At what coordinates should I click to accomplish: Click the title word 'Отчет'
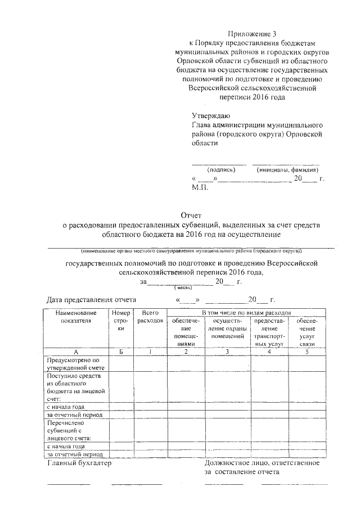pyautogui.click(x=191, y=215)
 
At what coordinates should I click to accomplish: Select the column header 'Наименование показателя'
pyautogui.click(x=76, y=316)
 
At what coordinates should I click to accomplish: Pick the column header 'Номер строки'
pyautogui.click(x=121, y=320)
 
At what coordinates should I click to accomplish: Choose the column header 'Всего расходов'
pyautogui.click(x=149, y=316)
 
